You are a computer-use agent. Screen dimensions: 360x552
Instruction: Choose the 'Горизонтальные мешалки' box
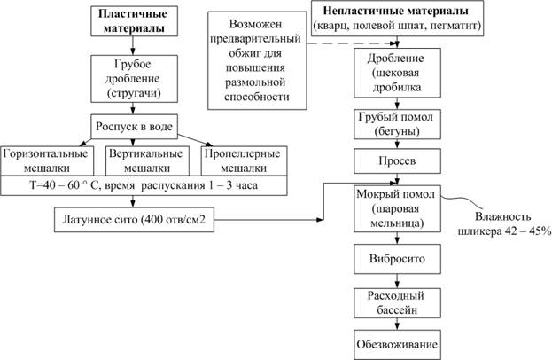46,160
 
